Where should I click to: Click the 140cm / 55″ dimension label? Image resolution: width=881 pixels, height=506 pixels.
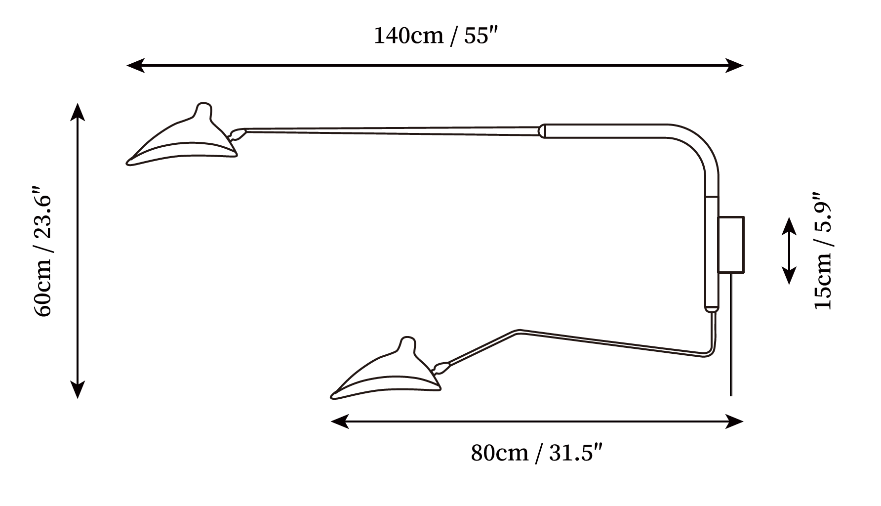434,36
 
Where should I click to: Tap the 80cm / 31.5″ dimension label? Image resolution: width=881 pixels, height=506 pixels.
537,453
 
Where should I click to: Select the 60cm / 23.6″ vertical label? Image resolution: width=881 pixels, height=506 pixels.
42,252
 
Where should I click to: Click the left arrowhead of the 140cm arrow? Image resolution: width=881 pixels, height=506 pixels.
135,65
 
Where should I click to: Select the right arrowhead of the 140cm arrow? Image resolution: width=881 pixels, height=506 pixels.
734,65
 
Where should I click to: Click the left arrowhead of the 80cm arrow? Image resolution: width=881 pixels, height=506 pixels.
340,422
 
